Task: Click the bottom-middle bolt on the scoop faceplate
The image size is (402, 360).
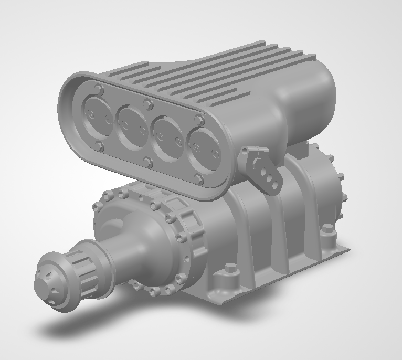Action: click(149, 162)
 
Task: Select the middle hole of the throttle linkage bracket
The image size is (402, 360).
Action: click(268, 178)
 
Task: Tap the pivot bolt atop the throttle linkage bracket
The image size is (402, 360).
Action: click(245, 152)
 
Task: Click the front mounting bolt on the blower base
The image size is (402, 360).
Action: click(229, 270)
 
